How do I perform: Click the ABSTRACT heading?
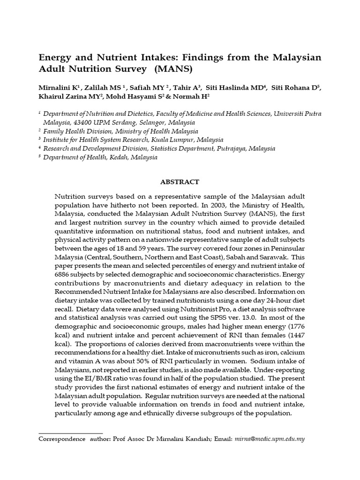click(x=180, y=182)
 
